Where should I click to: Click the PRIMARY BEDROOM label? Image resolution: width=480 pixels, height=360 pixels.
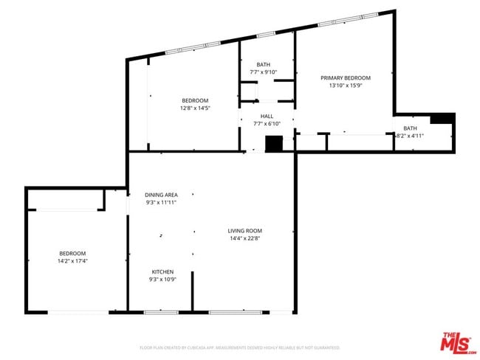[x=345, y=77]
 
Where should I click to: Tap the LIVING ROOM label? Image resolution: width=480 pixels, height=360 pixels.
[x=244, y=231]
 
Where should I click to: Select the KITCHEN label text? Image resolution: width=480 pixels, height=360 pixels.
[x=162, y=271]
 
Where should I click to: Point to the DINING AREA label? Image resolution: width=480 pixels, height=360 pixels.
[x=161, y=195]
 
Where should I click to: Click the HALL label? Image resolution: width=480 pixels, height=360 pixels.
[x=267, y=116]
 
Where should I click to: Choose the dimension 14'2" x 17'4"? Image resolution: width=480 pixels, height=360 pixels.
[x=72, y=260]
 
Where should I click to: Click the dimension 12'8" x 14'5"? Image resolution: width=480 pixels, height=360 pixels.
[x=195, y=108]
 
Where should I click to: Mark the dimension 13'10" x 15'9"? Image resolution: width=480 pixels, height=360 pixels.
[x=345, y=86]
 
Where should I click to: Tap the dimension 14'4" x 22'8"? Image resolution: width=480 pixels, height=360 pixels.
[x=244, y=238]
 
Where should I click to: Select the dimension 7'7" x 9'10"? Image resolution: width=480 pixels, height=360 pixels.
[x=263, y=72]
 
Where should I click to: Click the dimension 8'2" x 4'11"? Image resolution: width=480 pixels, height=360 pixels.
[x=409, y=136]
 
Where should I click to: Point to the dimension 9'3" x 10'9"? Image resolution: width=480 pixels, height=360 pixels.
[x=162, y=280]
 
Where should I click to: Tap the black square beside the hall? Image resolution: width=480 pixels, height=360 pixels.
[x=274, y=144]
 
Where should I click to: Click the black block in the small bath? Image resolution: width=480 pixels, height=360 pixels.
[x=442, y=118]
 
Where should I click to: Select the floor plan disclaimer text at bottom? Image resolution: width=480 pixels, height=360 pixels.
[x=239, y=347]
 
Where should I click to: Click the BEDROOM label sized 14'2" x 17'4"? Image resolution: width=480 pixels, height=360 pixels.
[x=72, y=253]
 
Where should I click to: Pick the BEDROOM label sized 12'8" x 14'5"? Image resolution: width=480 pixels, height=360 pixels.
[x=195, y=100]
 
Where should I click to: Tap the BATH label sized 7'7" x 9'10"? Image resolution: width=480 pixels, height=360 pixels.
[x=263, y=64]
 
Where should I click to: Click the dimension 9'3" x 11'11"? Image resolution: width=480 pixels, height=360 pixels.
[x=161, y=202]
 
